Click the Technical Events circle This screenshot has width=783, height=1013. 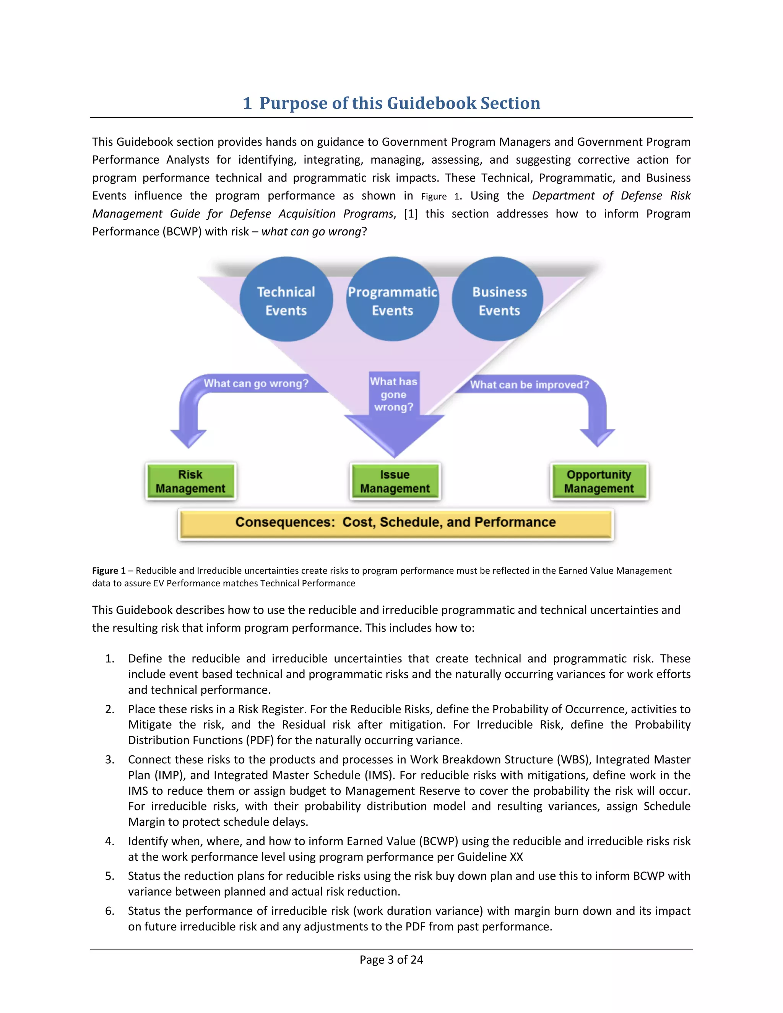coord(286,300)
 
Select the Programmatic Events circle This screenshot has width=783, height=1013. coord(392,300)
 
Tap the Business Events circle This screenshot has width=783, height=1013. coord(499,300)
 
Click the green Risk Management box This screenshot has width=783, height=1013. coord(190,481)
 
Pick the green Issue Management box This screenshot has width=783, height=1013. coord(395,481)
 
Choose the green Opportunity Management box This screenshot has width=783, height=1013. coord(599,481)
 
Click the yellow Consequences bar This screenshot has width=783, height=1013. coord(395,523)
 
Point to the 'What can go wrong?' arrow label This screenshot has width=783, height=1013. coord(256,383)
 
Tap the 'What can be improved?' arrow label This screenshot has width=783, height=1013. coord(529,385)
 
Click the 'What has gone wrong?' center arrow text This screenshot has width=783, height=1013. coord(394,394)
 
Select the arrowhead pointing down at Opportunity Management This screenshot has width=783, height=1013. coord(598,437)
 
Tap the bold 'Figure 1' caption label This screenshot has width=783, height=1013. coord(109,570)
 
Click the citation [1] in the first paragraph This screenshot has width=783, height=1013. coord(411,214)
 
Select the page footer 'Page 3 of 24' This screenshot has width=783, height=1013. coord(391,959)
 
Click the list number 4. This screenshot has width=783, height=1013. coord(109,841)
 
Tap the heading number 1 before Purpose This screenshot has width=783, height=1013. coord(247,103)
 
